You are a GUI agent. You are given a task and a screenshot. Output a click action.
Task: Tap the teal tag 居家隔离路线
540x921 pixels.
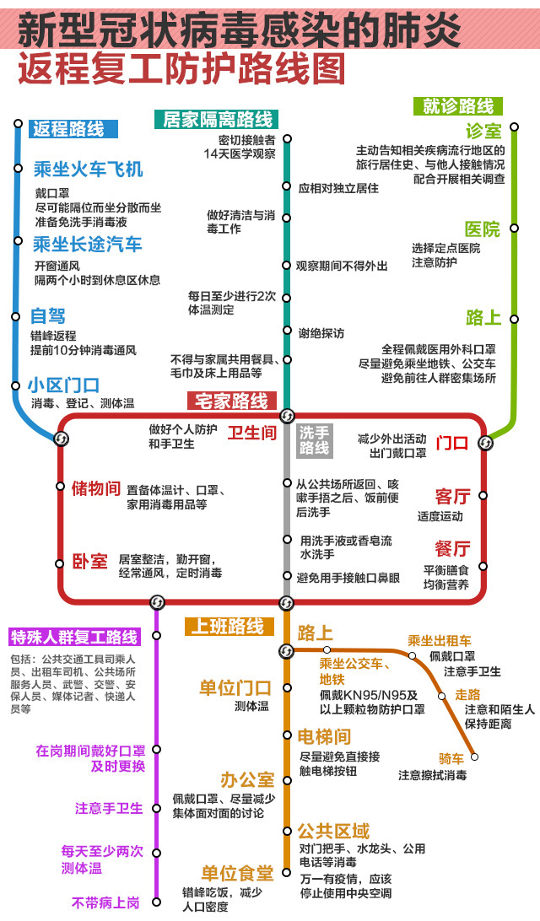[218, 119]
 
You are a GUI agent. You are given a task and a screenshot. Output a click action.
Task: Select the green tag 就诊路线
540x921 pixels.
[458, 106]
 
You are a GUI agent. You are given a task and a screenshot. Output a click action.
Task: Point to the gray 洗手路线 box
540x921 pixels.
[315, 439]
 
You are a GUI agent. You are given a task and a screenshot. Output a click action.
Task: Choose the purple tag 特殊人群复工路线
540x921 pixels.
[73, 636]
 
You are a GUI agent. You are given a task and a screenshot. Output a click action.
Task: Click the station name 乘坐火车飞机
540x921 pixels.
[88, 169]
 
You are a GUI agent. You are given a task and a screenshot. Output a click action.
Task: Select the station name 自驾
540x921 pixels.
[49, 316]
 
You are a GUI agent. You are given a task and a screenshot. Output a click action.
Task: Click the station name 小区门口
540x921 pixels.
[64, 385]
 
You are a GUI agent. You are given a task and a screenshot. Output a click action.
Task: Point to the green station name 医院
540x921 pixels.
[482, 229]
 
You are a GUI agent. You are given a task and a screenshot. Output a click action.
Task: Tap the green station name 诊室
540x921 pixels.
[483, 132]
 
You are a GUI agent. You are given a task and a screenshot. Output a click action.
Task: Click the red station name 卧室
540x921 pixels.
[89, 561]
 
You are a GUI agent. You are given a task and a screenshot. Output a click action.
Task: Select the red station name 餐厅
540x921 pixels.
[452, 549]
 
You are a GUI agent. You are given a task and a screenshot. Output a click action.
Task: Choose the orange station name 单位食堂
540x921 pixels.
[236, 873]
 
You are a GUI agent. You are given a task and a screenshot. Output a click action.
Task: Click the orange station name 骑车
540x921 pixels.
[452, 757]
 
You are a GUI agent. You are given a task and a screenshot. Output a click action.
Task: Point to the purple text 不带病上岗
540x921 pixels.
[105, 902]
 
